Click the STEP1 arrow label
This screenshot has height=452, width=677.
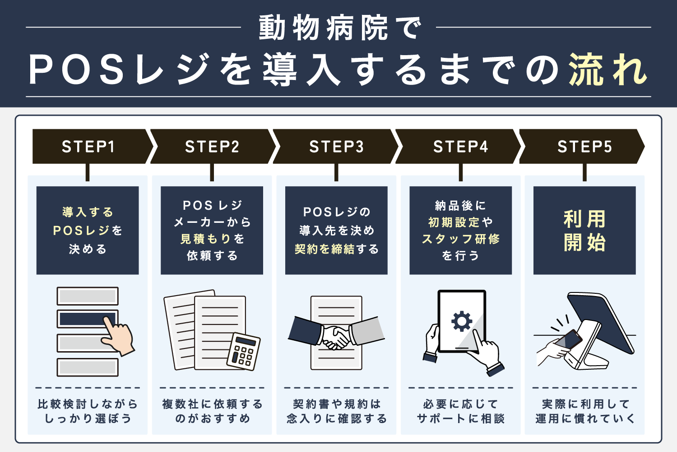[88, 146]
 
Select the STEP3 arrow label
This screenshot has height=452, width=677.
[336, 146]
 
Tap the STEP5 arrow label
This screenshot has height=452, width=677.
[584, 146]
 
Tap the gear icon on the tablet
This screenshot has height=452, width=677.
[461, 321]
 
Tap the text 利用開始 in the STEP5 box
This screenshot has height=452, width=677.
[584, 231]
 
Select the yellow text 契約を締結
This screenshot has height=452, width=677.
[325, 249]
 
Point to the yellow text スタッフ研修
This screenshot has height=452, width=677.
[460, 239]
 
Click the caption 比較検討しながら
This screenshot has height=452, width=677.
[88, 404]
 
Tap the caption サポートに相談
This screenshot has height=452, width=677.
[460, 419]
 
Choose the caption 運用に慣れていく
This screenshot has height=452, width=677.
[584, 419]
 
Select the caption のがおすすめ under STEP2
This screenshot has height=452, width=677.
[212, 419]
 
